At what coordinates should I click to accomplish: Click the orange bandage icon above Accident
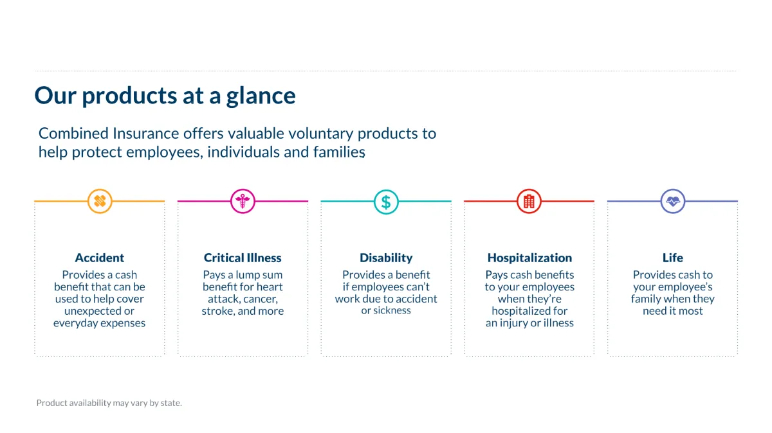[100, 201]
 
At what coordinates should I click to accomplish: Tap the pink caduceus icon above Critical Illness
[243, 201]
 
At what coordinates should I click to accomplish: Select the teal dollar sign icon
[386, 202]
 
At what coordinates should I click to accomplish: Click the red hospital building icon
[529, 201]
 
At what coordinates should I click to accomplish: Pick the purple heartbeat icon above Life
[673, 201]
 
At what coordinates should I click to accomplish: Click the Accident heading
[100, 258]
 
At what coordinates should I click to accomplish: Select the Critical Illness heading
[243, 258]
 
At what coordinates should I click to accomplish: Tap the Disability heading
[386, 258]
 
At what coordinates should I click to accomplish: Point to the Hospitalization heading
[529, 258]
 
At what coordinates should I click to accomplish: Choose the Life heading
[673, 258]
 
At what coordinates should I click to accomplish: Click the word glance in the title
[261, 96]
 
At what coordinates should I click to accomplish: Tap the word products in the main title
[129, 96]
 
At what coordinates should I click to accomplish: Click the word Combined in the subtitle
[73, 133]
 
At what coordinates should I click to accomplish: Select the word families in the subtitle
[339, 152]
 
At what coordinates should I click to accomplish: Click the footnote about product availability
[109, 403]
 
